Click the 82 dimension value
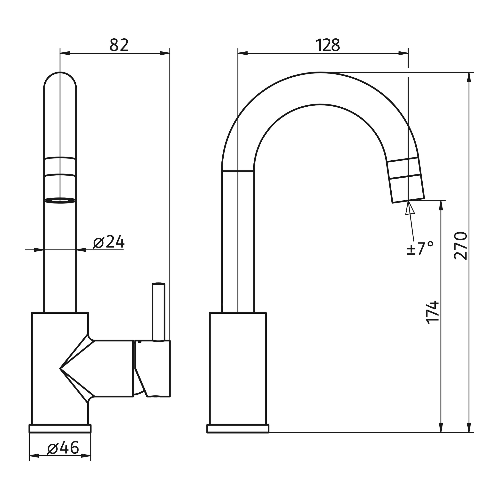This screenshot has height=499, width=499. [x=119, y=45]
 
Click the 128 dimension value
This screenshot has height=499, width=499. [x=327, y=45]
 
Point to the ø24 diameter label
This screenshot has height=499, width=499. [x=109, y=242]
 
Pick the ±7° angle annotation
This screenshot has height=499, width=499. [x=420, y=248]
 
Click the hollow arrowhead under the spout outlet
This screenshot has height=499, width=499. [x=410, y=209]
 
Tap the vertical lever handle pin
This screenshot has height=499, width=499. [x=158, y=312]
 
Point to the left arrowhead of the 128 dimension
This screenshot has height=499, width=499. [x=243, y=53]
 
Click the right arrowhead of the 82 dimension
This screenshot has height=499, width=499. [x=165, y=53]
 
